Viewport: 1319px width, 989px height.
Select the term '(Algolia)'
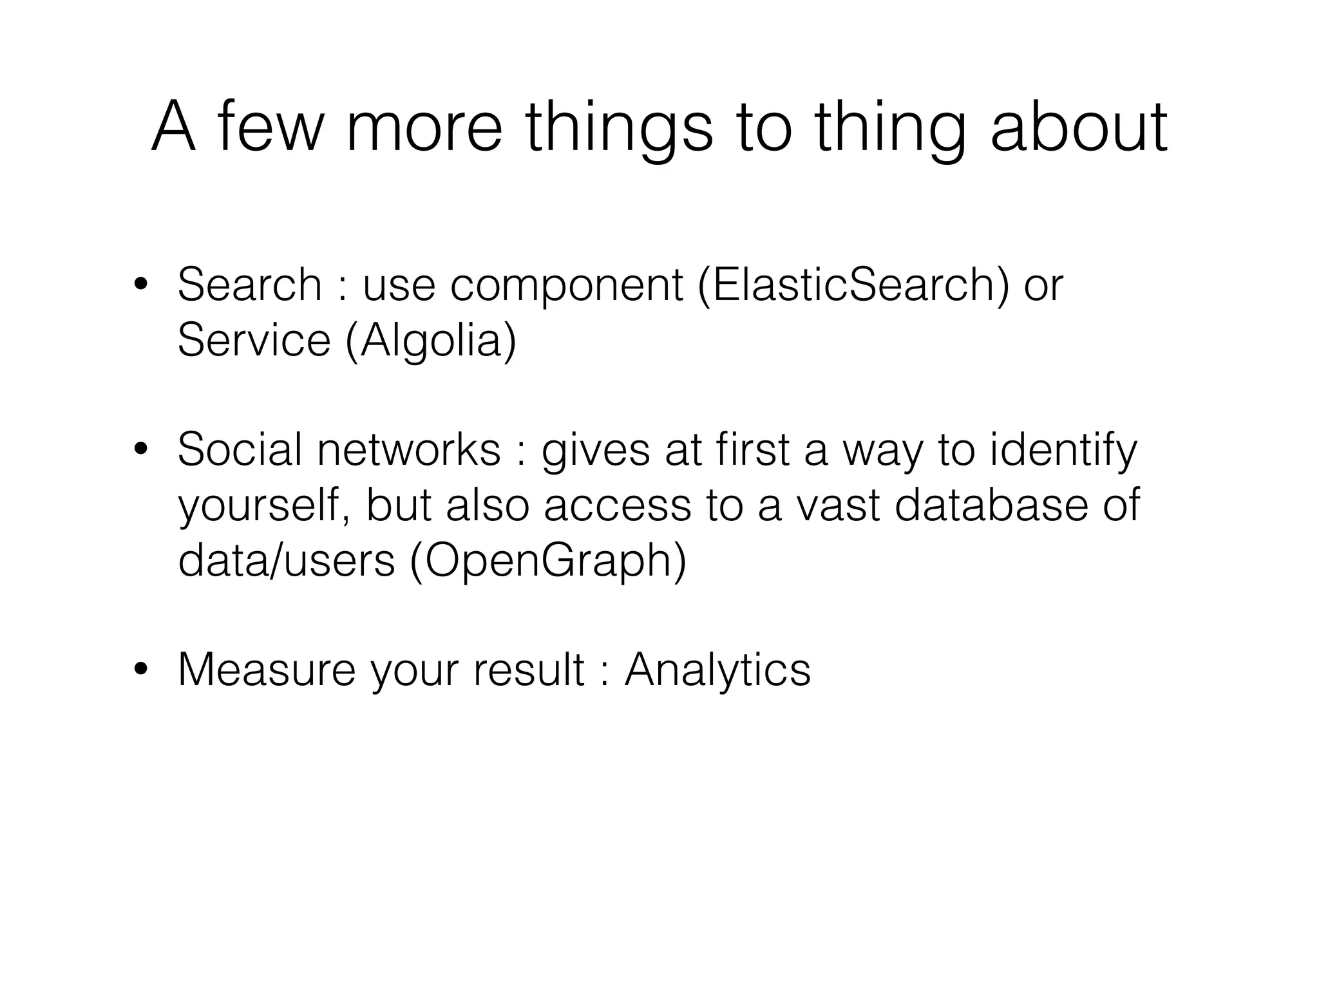[x=432, y=341]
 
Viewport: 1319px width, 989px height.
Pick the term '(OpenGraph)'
[x=548, y=561]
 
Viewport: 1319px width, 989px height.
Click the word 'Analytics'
[x=717, y=671]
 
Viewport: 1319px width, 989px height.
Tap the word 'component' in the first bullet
[x=567, y=287]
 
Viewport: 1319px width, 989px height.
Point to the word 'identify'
[x=1063, y=451]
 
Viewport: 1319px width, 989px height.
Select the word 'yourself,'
[x=264, y=506]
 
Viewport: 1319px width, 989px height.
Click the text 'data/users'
[x=286, y=560]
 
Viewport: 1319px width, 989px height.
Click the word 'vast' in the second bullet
[x=837, y=506]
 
